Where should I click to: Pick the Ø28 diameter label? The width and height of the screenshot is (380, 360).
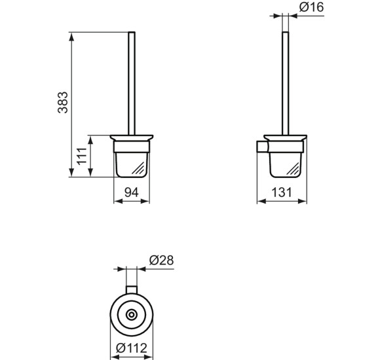pos(161,261)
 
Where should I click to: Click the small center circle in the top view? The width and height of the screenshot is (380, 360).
pos(132,315)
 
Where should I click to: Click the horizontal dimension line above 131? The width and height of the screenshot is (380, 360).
pos(282,201)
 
